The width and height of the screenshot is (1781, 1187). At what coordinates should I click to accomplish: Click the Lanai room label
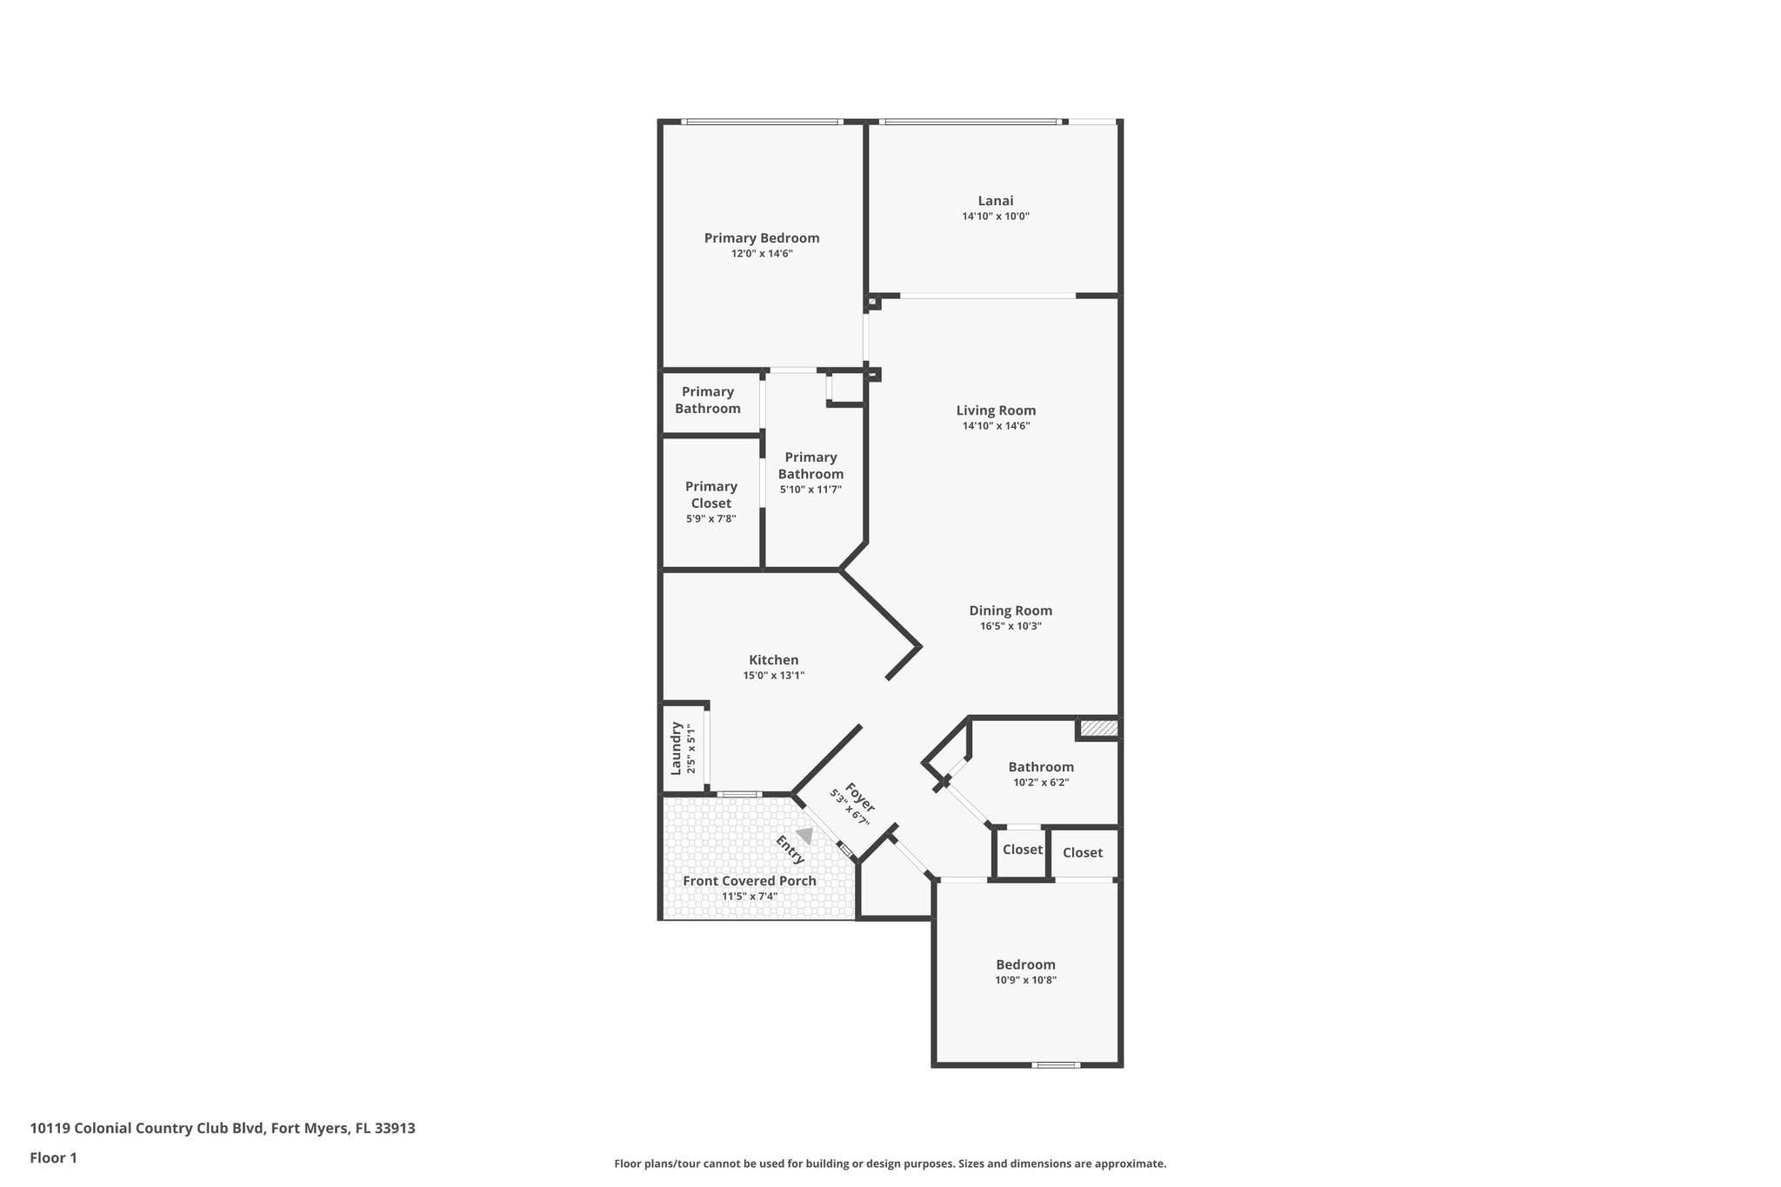click(x=995, y=201)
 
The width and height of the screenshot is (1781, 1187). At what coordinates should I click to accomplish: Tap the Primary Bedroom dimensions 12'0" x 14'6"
click(x=761, y=254)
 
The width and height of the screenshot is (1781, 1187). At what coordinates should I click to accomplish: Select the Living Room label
click(x=996, y=410)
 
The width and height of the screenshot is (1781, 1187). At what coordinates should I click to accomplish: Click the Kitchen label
click(x=773, y=660)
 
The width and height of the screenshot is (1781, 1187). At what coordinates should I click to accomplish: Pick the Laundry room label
click(x=676, y=748)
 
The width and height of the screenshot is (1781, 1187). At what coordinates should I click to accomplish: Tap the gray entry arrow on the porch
click(x=805, y=836)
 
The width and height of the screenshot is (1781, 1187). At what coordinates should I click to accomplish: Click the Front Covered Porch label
click(x=749, y=881)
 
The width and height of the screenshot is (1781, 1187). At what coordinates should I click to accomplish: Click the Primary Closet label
click(x=710, y=495)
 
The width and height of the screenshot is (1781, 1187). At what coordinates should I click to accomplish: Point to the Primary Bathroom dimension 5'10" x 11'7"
click(x=810, y=490)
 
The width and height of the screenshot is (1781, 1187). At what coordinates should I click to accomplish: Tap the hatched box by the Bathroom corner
click(x=1098, y=728)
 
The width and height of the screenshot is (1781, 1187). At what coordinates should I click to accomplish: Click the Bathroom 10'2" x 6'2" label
click(x=1040, y=767)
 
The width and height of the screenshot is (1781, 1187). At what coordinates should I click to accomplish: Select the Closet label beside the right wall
click(x=1082, y=853)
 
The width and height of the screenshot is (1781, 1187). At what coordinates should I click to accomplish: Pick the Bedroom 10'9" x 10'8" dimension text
click(x=1025, y=980)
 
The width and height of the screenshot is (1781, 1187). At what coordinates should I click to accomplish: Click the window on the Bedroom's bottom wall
click(x=1056, y=1064)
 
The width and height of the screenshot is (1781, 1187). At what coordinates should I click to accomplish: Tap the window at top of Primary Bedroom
click(x=762, y=122)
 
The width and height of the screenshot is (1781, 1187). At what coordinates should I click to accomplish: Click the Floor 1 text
click(x=53, y=1157)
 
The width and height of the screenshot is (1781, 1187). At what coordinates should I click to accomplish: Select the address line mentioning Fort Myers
click(x=223, y=1128)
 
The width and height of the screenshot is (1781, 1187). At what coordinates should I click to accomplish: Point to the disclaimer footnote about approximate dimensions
click(x=890, y=1164)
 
